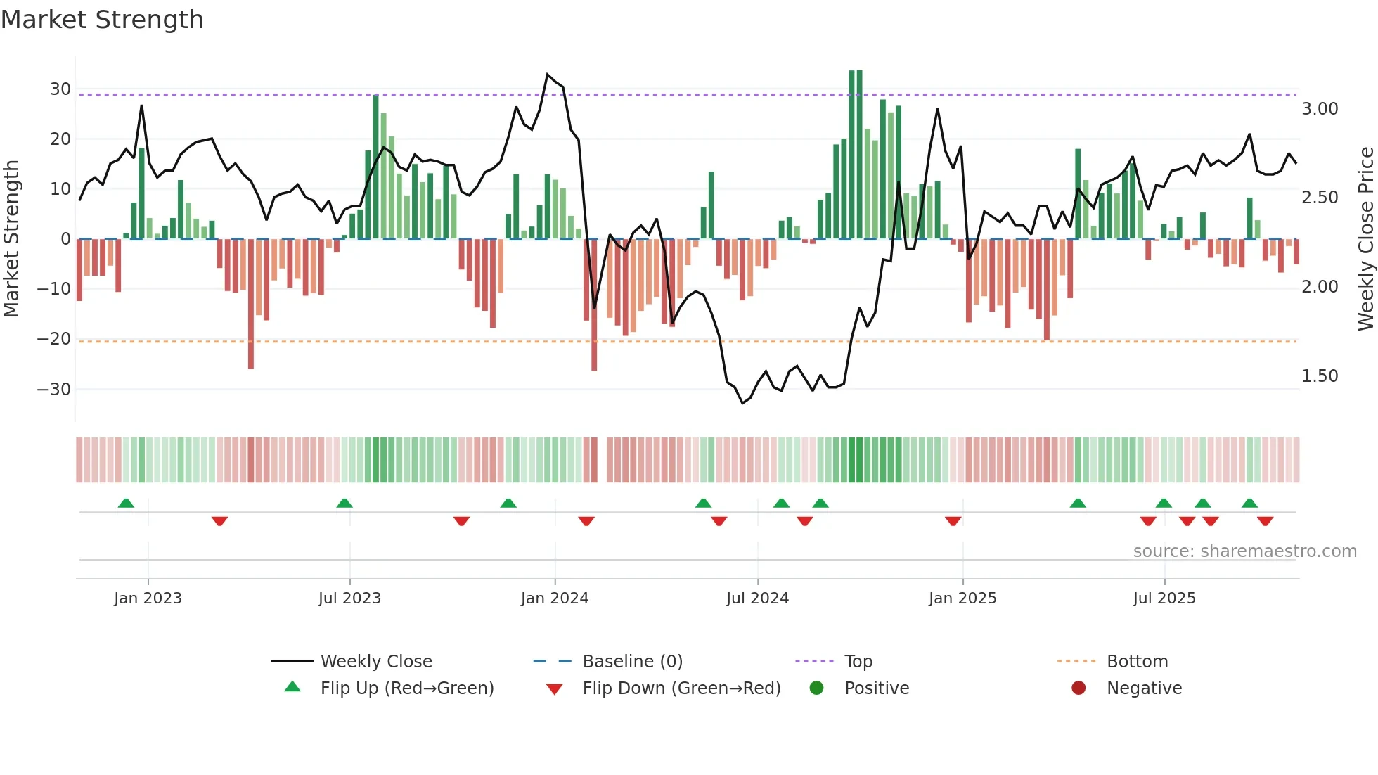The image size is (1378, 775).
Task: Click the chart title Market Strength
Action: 102,20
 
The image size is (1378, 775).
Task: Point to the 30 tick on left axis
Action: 60,89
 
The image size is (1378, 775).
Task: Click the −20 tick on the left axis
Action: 55,339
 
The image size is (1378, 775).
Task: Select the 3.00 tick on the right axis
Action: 1320,109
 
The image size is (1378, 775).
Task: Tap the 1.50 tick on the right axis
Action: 1320,376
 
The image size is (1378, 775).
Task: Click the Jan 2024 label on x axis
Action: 554,598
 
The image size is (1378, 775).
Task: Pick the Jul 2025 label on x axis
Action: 1164,598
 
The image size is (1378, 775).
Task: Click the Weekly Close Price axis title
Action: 1365,239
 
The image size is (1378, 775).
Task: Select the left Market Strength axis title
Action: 11,239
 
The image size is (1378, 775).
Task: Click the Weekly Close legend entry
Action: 375,662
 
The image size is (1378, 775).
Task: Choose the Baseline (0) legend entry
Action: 632,662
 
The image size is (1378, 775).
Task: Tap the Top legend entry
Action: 858,662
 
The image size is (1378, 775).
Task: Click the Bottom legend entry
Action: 1137,662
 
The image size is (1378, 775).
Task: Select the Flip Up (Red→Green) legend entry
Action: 406,688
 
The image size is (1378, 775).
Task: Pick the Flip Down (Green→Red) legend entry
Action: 681,688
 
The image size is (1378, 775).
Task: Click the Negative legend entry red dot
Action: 1078,688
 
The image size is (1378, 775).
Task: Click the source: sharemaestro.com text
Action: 1244,551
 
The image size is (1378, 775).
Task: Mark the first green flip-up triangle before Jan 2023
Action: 126,504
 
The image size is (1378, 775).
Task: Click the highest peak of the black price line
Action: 548,74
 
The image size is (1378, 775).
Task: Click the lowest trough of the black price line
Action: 742,403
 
